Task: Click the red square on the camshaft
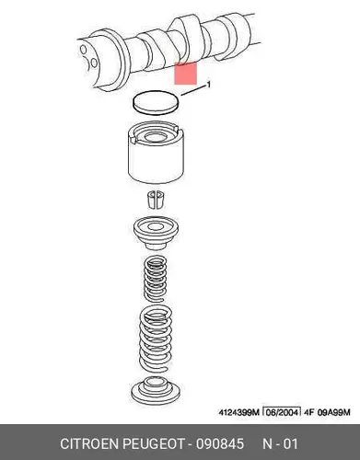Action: [185, 73]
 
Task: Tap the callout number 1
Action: [209, 84]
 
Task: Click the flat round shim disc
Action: [156, 103]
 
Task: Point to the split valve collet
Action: [157, 200]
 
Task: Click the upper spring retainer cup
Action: [157, 233]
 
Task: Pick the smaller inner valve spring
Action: [156, 278]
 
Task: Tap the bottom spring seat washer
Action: [155, 390]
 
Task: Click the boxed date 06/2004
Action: [282, 412]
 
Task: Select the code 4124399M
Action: [239, 412]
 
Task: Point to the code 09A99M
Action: [333, 412]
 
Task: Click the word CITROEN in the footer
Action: [89, 443]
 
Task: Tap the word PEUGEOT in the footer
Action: [154, 443]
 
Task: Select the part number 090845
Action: [220, 443]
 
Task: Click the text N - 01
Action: [280, 443]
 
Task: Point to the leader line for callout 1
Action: [193, 91]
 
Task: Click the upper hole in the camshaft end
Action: [83, 49]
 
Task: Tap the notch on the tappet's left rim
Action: [134, 139]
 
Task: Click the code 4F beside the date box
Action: [308, 412]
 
